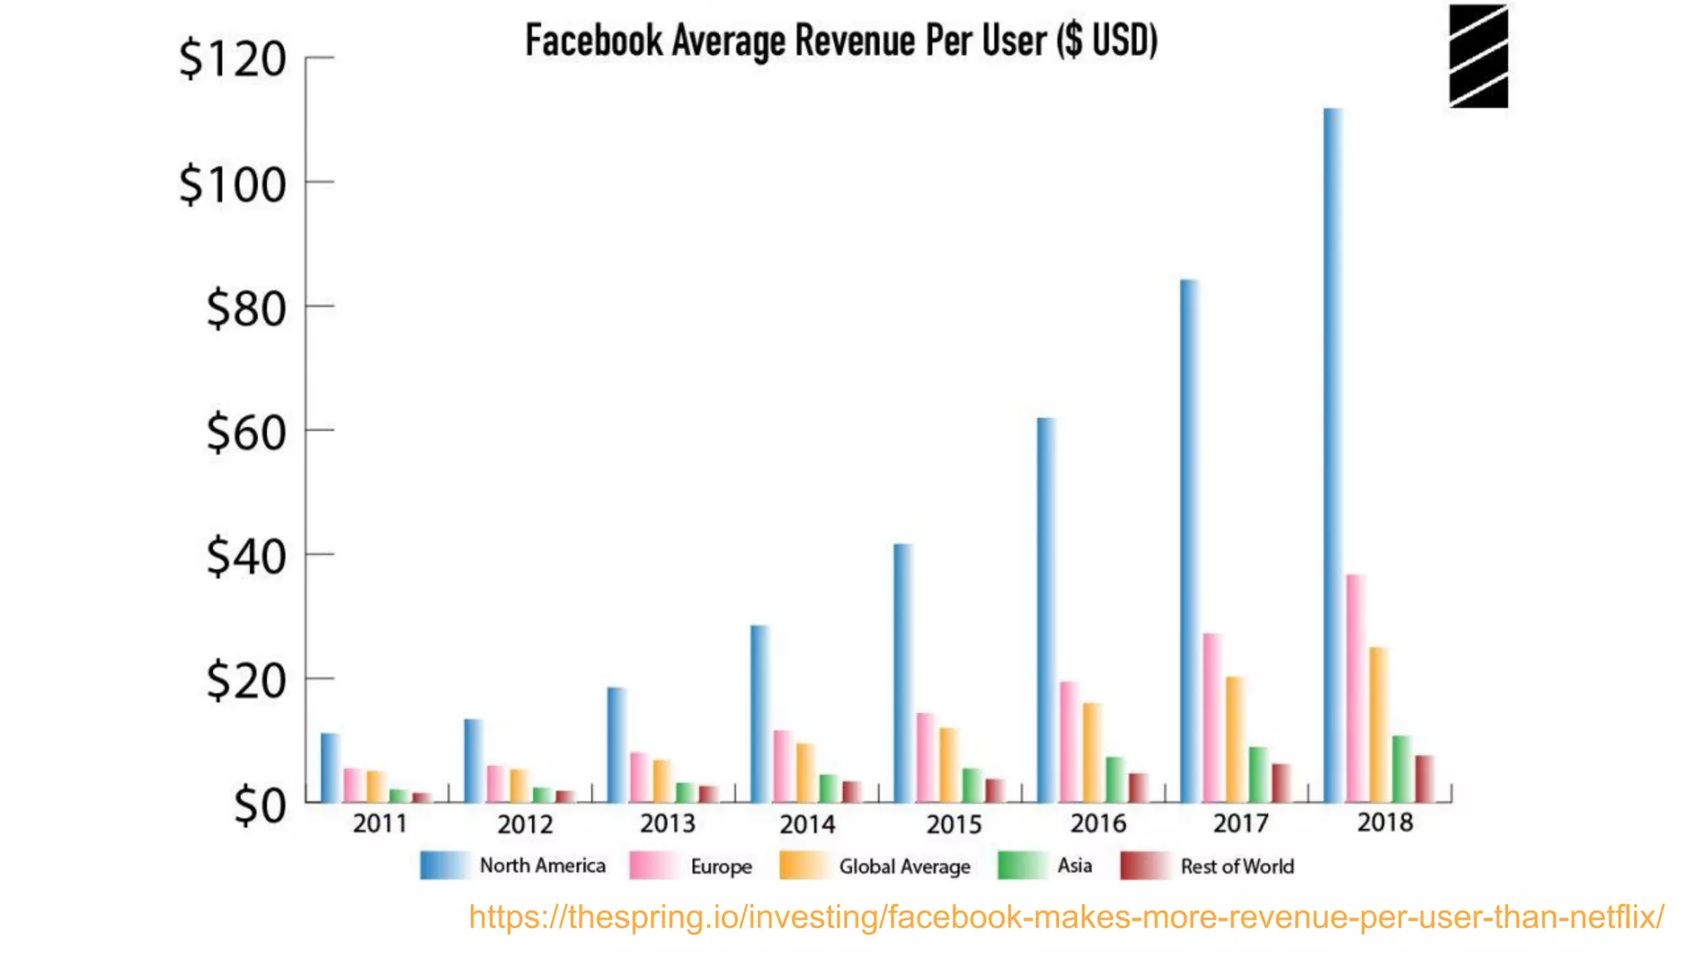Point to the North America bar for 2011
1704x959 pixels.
pos(329,768)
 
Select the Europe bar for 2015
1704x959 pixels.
pos(925,758)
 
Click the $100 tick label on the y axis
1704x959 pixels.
pos(233,185)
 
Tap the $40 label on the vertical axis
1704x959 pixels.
pos(246,557)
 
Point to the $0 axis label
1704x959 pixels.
pos(260,806)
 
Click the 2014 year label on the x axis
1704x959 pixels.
pos(807,824)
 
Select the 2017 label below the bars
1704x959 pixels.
pos(1241,823)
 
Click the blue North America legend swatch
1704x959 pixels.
pos(445,866)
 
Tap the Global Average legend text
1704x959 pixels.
pos(904,867)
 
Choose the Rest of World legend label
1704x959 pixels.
pos(1237,867)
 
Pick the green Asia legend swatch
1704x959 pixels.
pos(1022,866)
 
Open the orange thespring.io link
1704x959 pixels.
pos(1066,917)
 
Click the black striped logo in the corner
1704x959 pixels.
pos(1478,57)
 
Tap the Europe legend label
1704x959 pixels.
pos(721,867)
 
